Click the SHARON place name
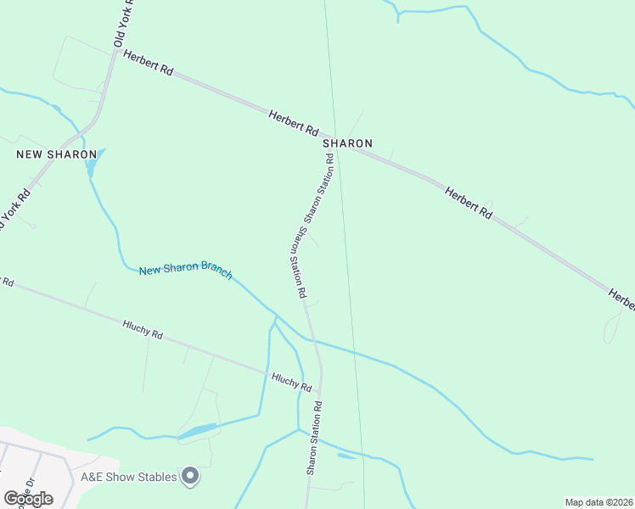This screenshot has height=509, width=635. pos(347,143)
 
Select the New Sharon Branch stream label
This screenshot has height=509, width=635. pos(186,269)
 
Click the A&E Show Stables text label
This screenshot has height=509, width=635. pos(129,477)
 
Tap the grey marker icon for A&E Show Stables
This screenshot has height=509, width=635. pos(191,478)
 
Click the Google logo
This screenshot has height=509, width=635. pos(28,498)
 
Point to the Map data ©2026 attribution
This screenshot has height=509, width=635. pos(598,502)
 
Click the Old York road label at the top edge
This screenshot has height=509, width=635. pos(121,24)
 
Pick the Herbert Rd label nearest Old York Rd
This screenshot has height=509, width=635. pos(148,64)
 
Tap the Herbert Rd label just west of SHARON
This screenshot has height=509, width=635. pos(293,124)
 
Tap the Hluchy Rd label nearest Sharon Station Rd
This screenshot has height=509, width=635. pos(291,381)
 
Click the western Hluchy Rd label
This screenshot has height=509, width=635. pos(142,328)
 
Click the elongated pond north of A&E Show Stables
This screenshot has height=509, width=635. pos(198,432)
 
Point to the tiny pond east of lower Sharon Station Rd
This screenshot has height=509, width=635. pos(346,456)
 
